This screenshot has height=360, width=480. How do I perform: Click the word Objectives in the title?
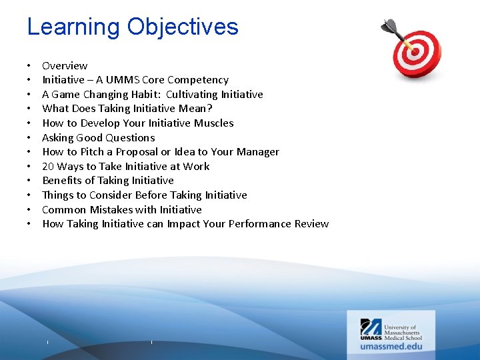pos(183,27)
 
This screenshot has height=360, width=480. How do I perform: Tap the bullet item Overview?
pos(65,65)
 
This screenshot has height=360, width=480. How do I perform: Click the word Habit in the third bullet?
pos(145,95)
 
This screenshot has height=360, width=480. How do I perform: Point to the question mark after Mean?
pos(210,109)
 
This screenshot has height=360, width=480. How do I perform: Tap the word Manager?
pos(257,152)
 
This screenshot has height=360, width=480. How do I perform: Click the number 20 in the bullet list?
pos(48,167)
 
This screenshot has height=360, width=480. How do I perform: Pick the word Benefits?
pos(61,181)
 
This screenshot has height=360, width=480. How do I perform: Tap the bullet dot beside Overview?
pos(30,66)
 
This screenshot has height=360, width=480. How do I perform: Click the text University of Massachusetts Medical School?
pos(404,332)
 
